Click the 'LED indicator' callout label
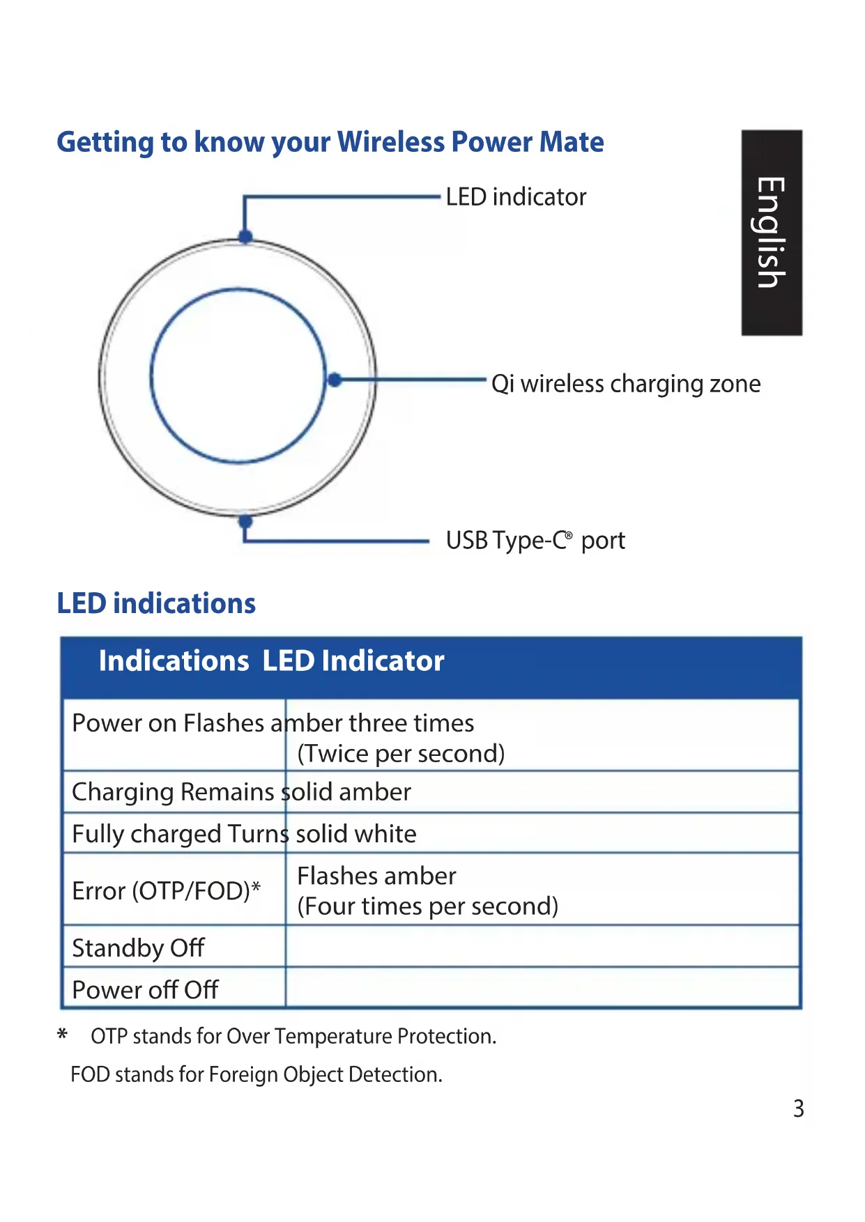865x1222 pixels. click(516, 197)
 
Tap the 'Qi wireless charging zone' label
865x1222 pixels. click(625, 384)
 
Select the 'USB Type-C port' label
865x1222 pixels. click(535, 541)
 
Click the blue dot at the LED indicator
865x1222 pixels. click(245, 236)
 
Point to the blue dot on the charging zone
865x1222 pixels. click(335, 380)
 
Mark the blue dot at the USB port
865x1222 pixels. click(245, 521)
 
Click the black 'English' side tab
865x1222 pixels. click(772, 233)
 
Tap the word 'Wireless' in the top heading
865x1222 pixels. click(391, 142)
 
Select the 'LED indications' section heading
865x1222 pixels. click(156, 603)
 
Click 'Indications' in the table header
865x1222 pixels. click(174, 660)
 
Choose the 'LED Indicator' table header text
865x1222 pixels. click(353, 660)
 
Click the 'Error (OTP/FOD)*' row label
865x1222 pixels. click(167, 891)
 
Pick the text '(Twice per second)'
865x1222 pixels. click(401, 754)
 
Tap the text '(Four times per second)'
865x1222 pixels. click(428, 906)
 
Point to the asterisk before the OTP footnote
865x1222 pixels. click(63, 1035)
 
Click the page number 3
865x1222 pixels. click(799, 1108)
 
